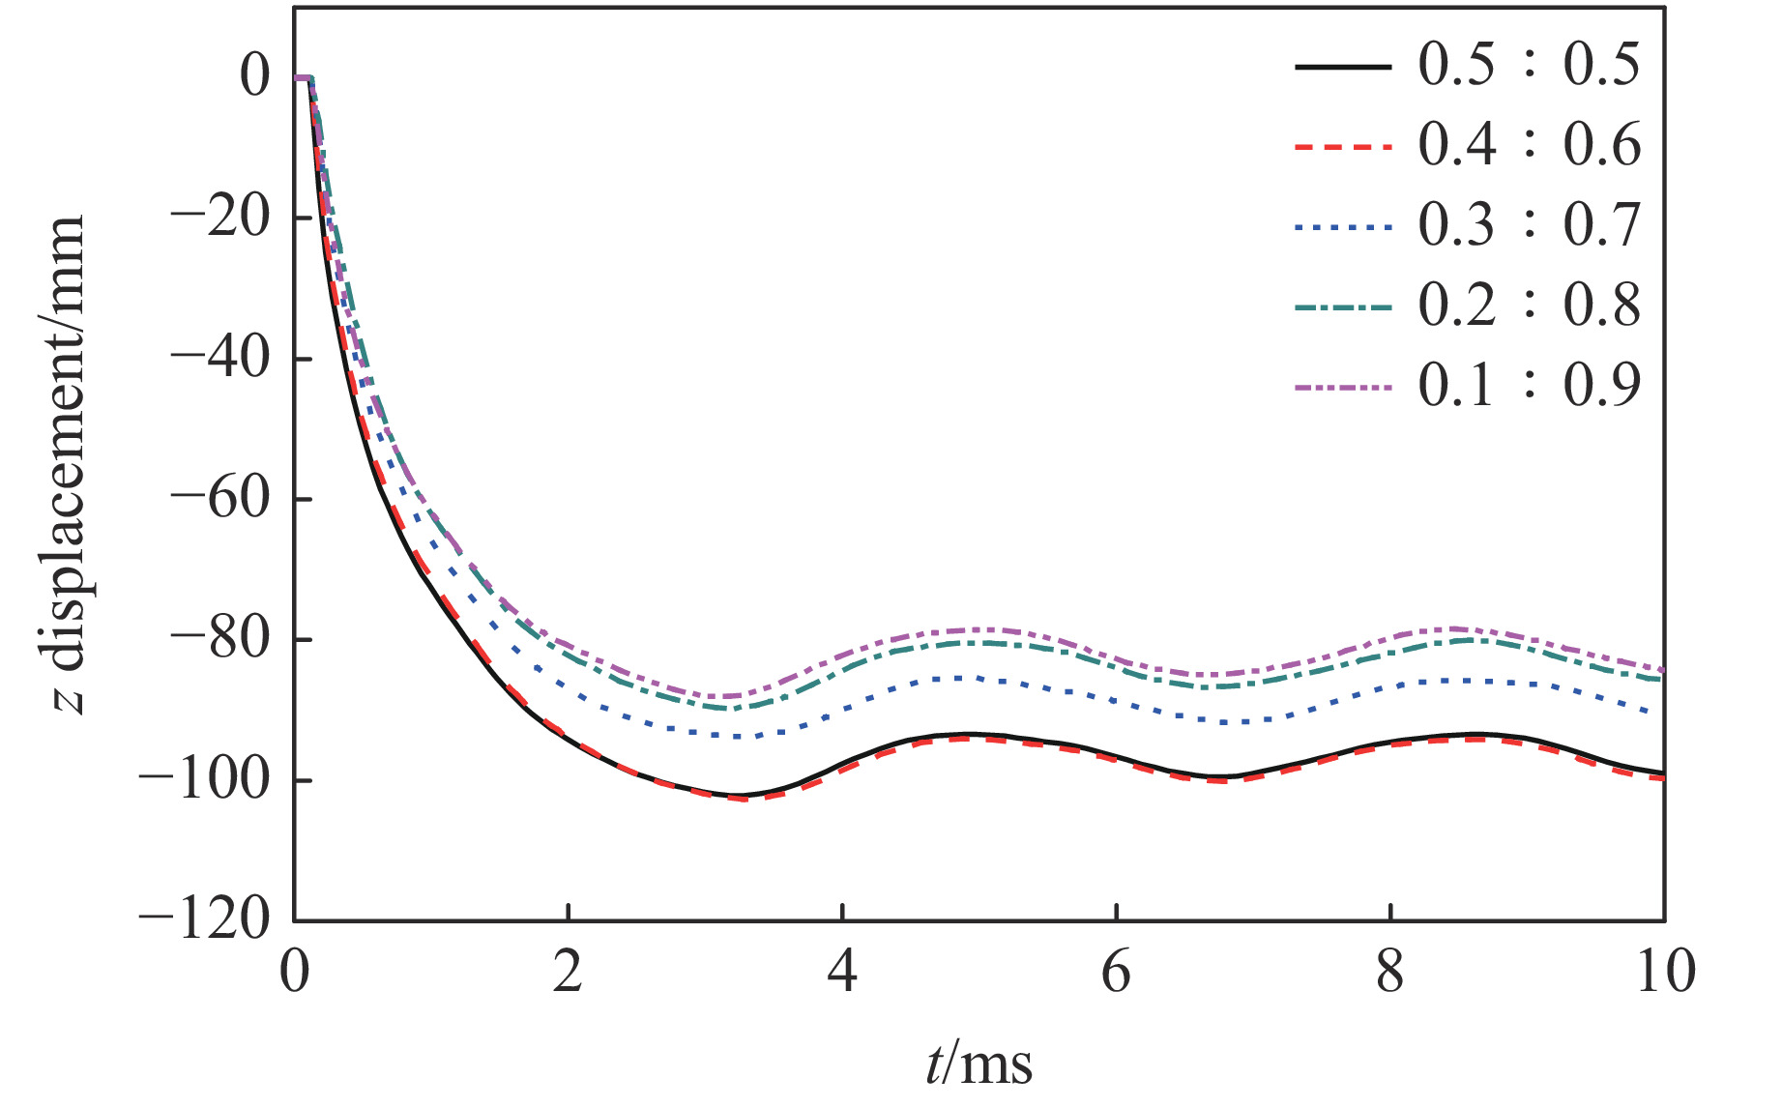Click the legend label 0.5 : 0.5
click(x=1529, y=66)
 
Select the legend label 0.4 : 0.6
click(x=1529, y=146)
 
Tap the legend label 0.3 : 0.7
click(x=1529, y=226)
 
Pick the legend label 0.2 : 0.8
click(x=1529, y=306)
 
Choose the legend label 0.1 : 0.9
click(x=1529, y=387)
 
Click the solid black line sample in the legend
click(x=1343, y=67)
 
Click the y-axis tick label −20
click(x=220, y=219)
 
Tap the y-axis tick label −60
click(x=220, y=500)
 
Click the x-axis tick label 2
click(x=569, y=971)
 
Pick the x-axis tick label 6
click(x=1116, y=971)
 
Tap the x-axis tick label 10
click(x=1665, y=971)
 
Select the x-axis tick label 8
click(x=1390, y=971)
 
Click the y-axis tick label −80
click(x=220, y=640)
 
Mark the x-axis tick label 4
click(x=842, y=971)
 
